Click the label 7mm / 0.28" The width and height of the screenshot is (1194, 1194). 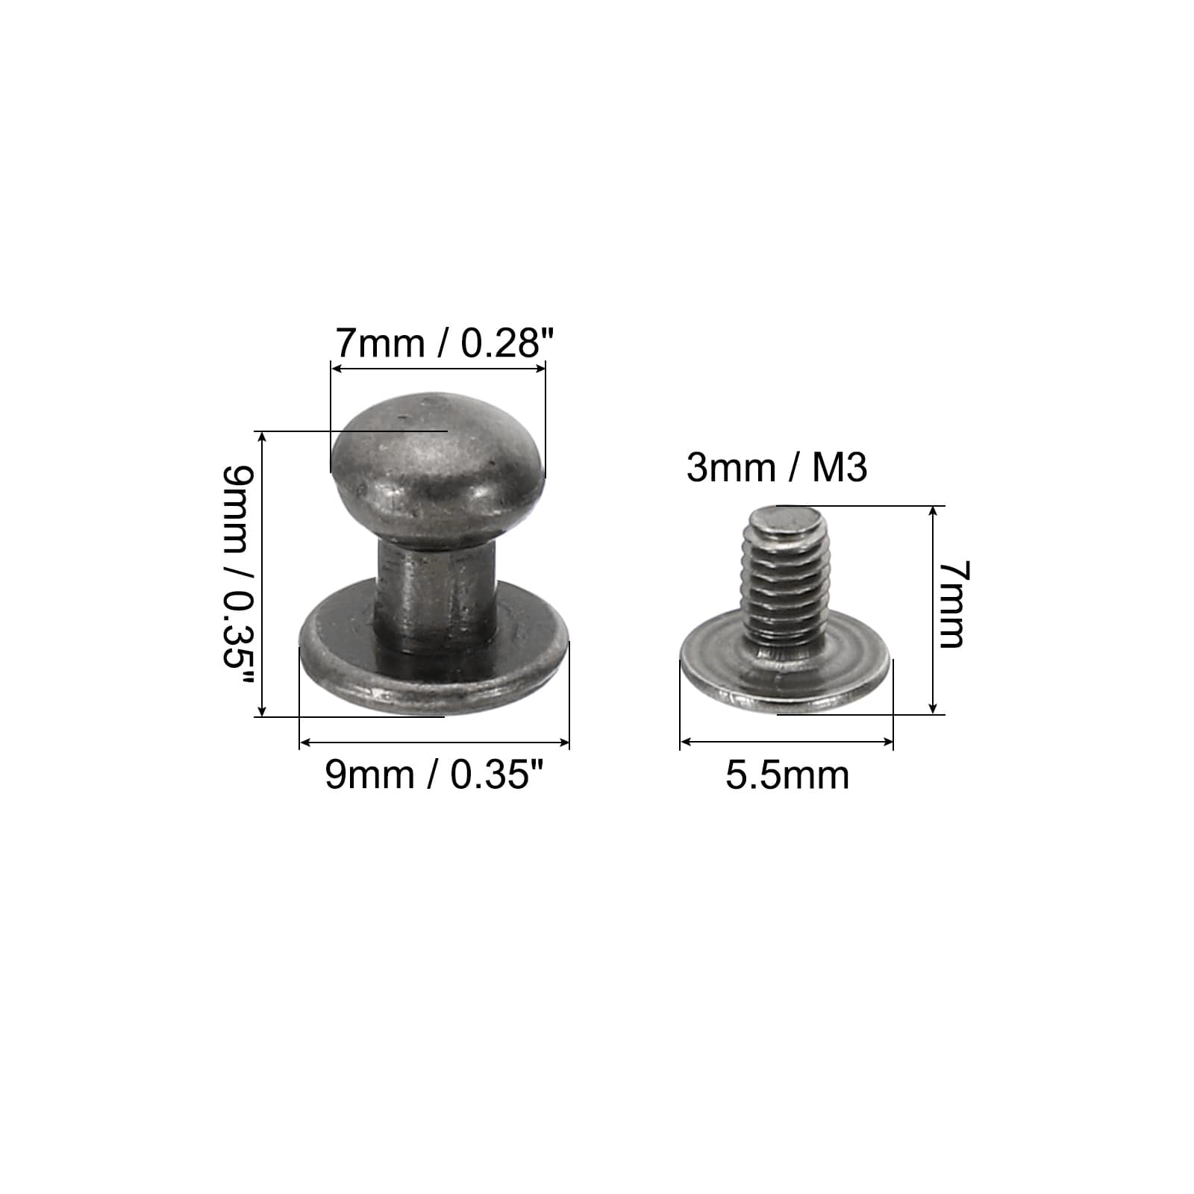[445, 343]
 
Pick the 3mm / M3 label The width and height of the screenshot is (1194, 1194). [777, 469]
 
